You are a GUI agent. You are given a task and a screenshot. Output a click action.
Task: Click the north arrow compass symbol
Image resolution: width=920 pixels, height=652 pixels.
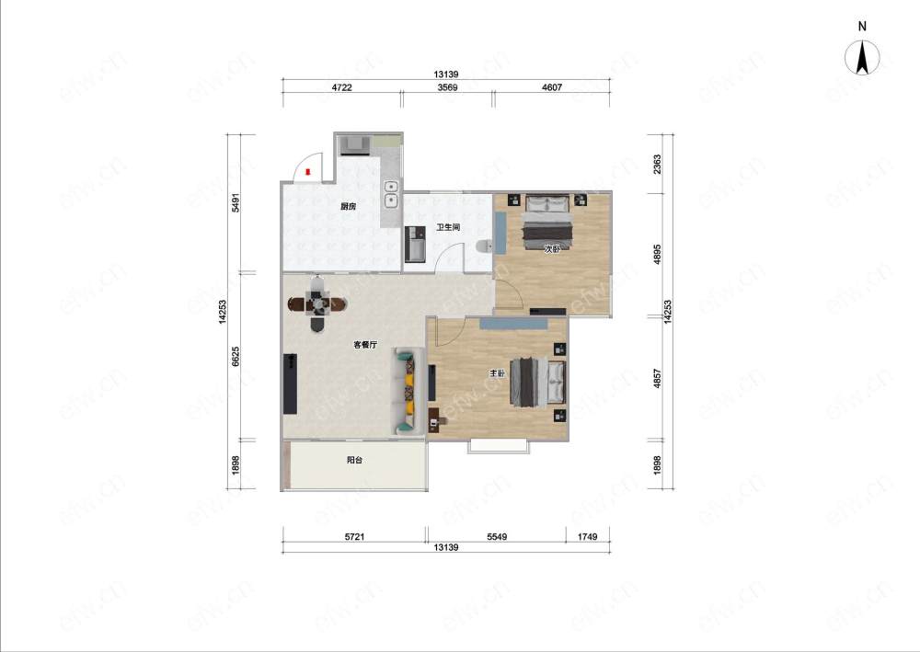pos(862,58)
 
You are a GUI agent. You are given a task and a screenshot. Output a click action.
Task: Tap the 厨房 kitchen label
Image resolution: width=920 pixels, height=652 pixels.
pos(348,206)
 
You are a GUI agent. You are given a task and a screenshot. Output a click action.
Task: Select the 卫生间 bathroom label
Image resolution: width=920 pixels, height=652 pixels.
pos(448,227)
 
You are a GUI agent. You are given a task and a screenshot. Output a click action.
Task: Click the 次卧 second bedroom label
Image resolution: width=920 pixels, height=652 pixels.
pos(551,249)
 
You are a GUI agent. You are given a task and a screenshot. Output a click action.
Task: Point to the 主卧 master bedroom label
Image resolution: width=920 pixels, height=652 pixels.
pos(498,373)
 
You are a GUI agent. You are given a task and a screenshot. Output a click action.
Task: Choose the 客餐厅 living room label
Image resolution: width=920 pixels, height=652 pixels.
pos(365,345)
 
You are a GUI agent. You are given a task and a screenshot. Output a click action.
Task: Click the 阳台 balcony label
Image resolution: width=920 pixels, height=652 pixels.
pos(354,461)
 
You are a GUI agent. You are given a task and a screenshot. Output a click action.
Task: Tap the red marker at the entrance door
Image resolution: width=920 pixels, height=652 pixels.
pos(308,172)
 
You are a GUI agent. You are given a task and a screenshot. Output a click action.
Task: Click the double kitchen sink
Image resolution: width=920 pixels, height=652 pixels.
pos(391,195)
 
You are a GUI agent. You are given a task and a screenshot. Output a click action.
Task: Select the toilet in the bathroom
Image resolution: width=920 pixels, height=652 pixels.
pos(484,246)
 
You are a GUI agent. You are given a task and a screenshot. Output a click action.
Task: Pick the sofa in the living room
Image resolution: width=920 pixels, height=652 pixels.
pos(408,391)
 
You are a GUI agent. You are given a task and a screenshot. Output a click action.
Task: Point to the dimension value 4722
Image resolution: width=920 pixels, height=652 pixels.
pos(342,87)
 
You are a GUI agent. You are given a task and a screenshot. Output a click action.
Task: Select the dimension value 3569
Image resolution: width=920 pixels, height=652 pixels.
pos(448,87)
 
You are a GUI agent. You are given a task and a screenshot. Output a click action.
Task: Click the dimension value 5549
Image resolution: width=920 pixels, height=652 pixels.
pos(497,536)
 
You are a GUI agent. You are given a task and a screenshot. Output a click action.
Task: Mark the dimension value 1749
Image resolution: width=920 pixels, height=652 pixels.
pos(587,536)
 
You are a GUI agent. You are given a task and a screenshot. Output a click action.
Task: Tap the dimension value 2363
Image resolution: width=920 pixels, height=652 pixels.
pos(657,165)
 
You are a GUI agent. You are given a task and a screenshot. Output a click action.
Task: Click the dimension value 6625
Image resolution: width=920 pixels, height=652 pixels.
pos(236,357)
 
